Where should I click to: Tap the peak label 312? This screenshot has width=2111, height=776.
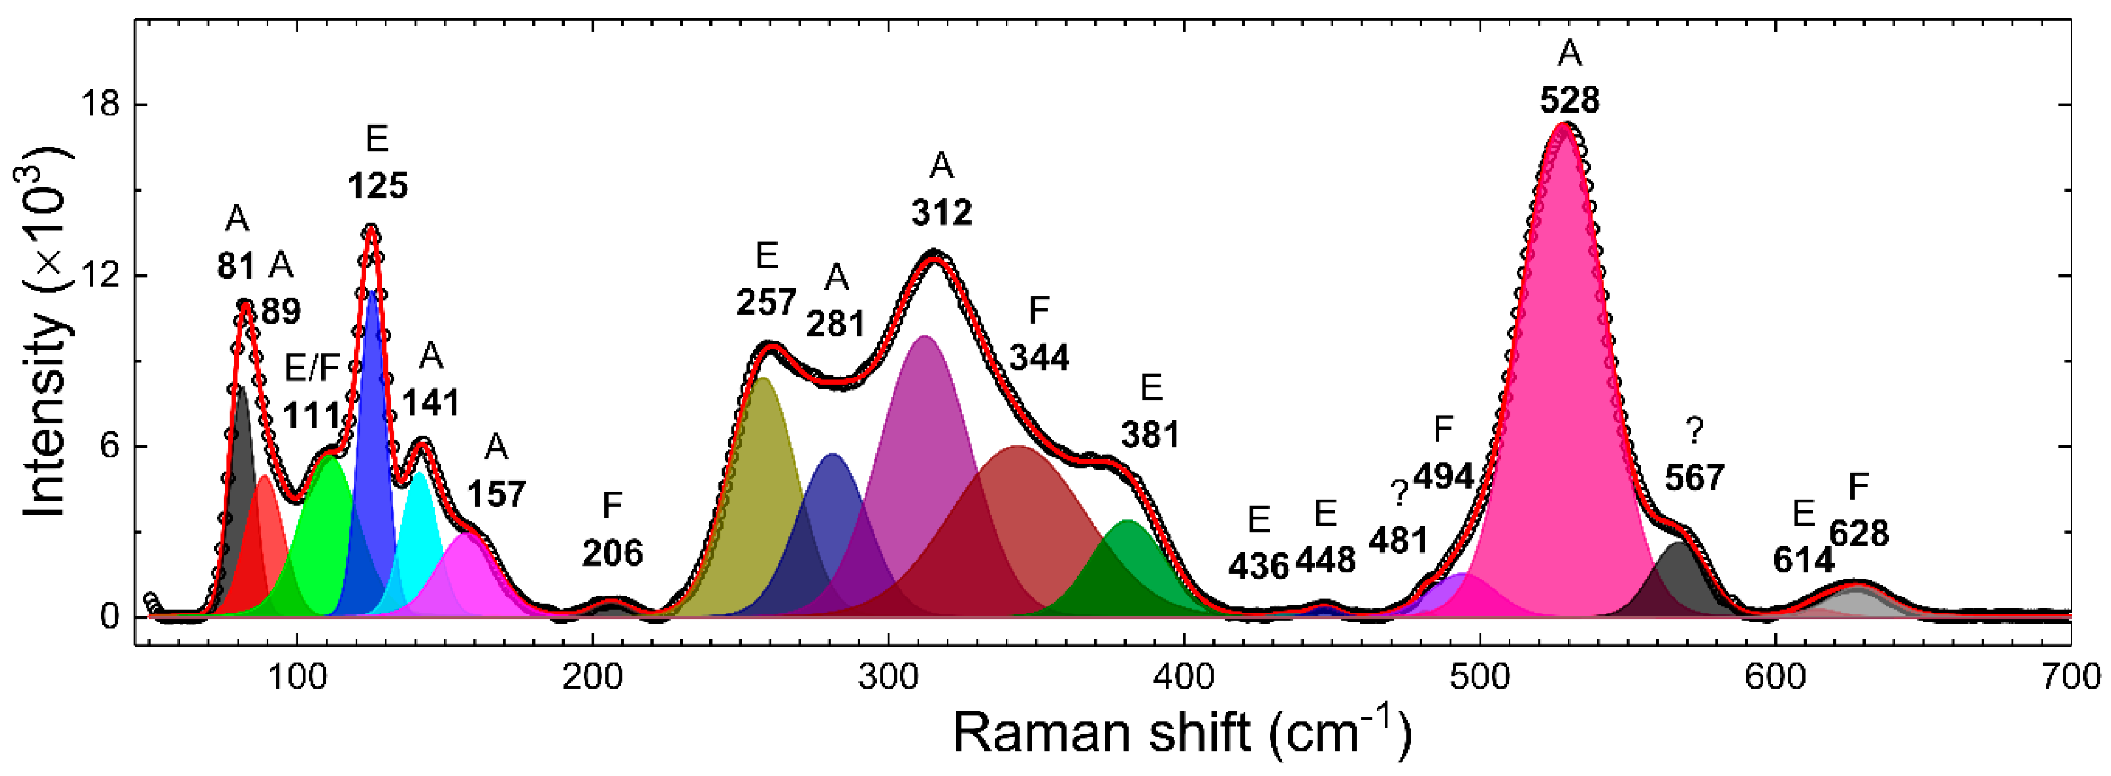941,213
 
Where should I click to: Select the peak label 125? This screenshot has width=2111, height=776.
377,186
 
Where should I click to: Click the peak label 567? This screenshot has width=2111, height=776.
1694,477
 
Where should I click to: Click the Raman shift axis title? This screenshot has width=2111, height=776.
1183,732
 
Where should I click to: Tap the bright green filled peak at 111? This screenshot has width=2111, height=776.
325,541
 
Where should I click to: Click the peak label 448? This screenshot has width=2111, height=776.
1325,560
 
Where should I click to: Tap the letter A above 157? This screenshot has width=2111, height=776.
496,447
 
